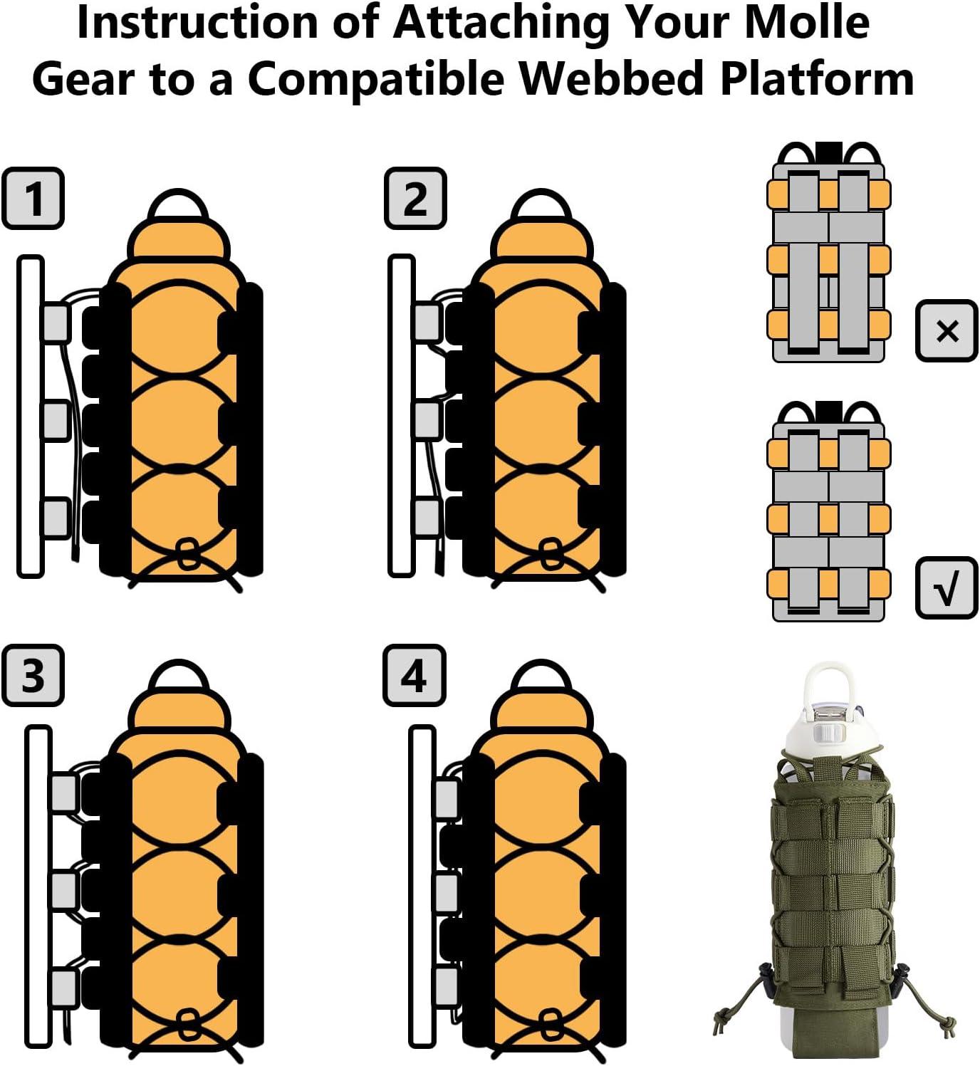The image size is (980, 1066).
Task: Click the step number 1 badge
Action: (x=33, y=198)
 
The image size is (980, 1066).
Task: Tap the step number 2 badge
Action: (x=415, y=198)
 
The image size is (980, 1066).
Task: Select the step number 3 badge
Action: (x=33, y=675)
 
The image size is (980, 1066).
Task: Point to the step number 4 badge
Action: (x=415, y=675)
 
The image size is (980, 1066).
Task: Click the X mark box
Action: (x=947, y=331)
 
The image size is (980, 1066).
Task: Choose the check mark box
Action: (x=947, y=587)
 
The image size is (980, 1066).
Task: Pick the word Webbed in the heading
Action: (x=612, y=78)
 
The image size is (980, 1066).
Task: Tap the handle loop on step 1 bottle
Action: (x=179, y=204)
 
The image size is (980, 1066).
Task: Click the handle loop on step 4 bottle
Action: (x=541, y=676)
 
